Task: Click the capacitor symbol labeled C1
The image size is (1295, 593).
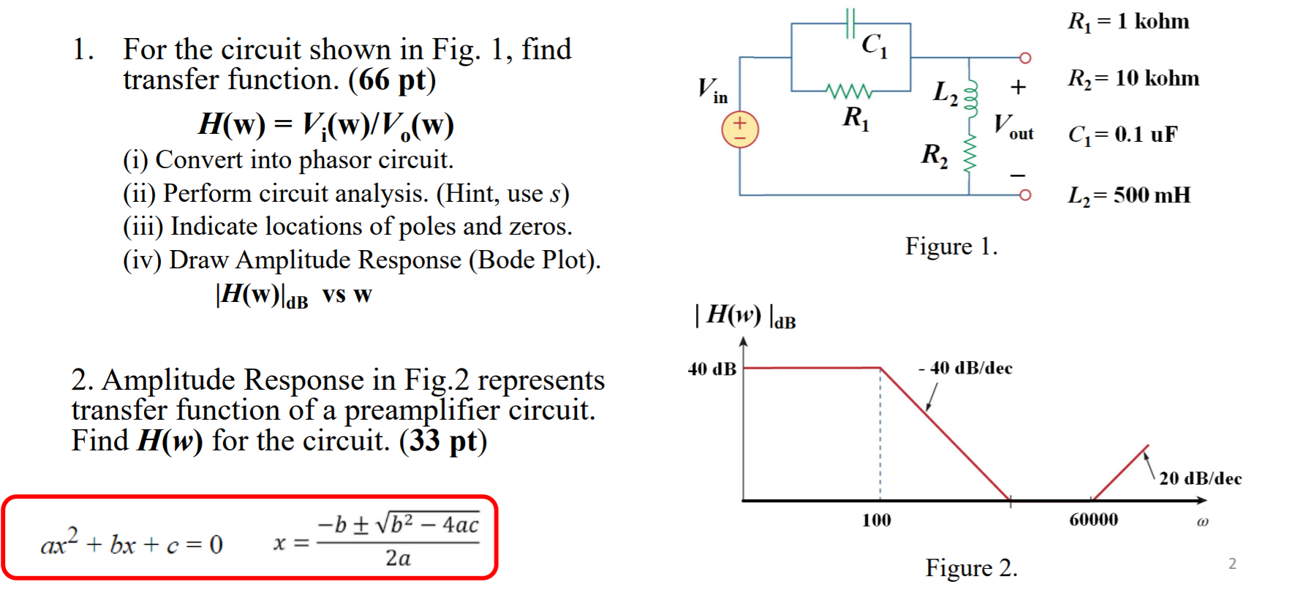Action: click(850, 23)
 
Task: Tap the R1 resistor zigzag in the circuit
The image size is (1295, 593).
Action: click(848, 91)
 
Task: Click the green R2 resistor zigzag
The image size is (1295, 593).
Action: click(970, 154)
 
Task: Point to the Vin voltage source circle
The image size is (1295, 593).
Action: click(740, 130)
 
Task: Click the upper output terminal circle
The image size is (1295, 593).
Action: click(1025, 58)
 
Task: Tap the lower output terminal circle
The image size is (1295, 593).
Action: click(1025, 194)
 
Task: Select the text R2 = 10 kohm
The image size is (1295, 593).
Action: click(1133, 78)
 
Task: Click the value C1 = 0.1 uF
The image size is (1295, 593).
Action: click(1122, 135)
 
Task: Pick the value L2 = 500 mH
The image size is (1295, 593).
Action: click(1129, 195)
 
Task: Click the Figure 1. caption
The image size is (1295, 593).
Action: click(951, 246)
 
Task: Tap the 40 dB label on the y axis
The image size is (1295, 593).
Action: click(711, 369)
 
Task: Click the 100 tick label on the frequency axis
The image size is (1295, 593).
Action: click(876, 521)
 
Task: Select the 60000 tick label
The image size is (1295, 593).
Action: click(1093, 520)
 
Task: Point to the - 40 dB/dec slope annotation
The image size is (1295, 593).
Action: click(965, 368)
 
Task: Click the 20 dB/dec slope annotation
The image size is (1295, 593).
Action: click(1200, 478)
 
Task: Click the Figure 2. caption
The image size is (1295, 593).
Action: click(971, 568)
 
